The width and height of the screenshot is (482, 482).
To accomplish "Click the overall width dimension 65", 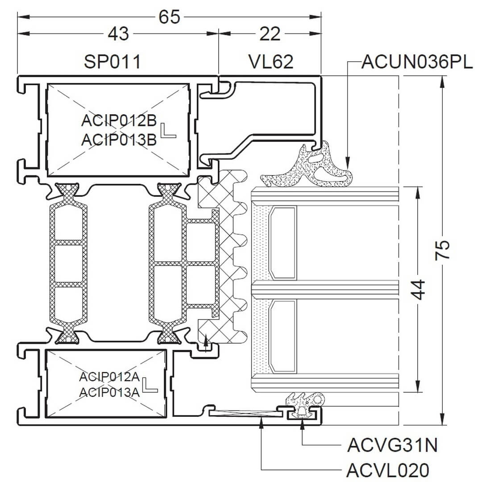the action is [169, 17].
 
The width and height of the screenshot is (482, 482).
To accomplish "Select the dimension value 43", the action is [118, 33].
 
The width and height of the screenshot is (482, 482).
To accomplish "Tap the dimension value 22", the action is [270, 33].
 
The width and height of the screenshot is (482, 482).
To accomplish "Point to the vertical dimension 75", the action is [442, 250].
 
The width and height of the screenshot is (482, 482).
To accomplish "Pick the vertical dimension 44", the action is [418, 289].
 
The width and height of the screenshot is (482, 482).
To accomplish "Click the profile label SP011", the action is [112, 62].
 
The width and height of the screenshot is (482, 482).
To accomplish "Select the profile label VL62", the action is [271, 62].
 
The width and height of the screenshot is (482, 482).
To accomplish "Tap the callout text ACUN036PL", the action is [417, 62].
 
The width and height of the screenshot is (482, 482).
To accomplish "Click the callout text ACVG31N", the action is [392, 445].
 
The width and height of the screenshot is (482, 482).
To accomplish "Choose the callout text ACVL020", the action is [388, 470].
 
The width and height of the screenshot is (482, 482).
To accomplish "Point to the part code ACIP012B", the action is [119, 120].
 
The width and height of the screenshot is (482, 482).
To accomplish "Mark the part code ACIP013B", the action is [119, 140].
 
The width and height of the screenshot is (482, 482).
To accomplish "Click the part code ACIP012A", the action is [109, 377].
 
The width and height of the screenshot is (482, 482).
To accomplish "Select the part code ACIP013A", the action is [109, 392].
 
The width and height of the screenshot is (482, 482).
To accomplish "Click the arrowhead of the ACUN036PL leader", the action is [348, 163].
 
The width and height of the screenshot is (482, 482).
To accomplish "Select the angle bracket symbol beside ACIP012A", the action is [151, 385].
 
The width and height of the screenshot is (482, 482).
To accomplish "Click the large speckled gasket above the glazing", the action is [307, 166].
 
